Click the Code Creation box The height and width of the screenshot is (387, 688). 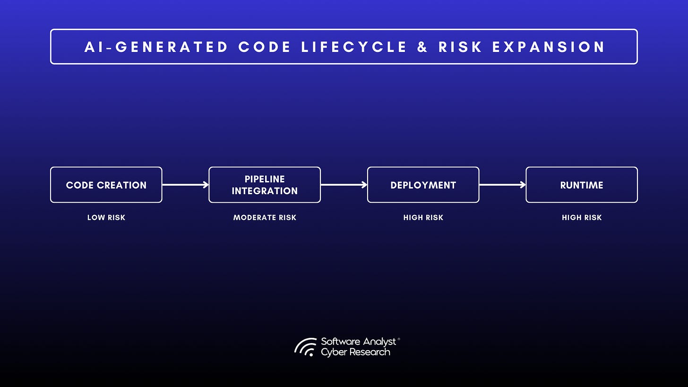tap(106, 185)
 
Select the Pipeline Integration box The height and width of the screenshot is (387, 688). tap(265, 185)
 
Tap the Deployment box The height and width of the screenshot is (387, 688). tap(423, 185)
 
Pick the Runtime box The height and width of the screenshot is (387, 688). tap(582, 185)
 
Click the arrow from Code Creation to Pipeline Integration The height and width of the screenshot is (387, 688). tap(185, 185)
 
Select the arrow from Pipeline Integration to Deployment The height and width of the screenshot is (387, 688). tap(344, 185)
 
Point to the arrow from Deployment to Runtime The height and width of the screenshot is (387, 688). tap(502, 185)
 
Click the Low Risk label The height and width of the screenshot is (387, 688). tap(106, 218)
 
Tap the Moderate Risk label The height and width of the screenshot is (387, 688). tap(265, 218)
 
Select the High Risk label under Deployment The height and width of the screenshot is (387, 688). tap(423, 218)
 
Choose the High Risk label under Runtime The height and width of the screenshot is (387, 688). tap(582, 218)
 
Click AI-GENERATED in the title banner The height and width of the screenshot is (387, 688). tap(156, 47)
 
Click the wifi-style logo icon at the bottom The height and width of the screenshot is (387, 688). tap(306, 347)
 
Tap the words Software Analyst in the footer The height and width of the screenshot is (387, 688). tap(359, 342)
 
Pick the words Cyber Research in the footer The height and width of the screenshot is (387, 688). tap(355, 353)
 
